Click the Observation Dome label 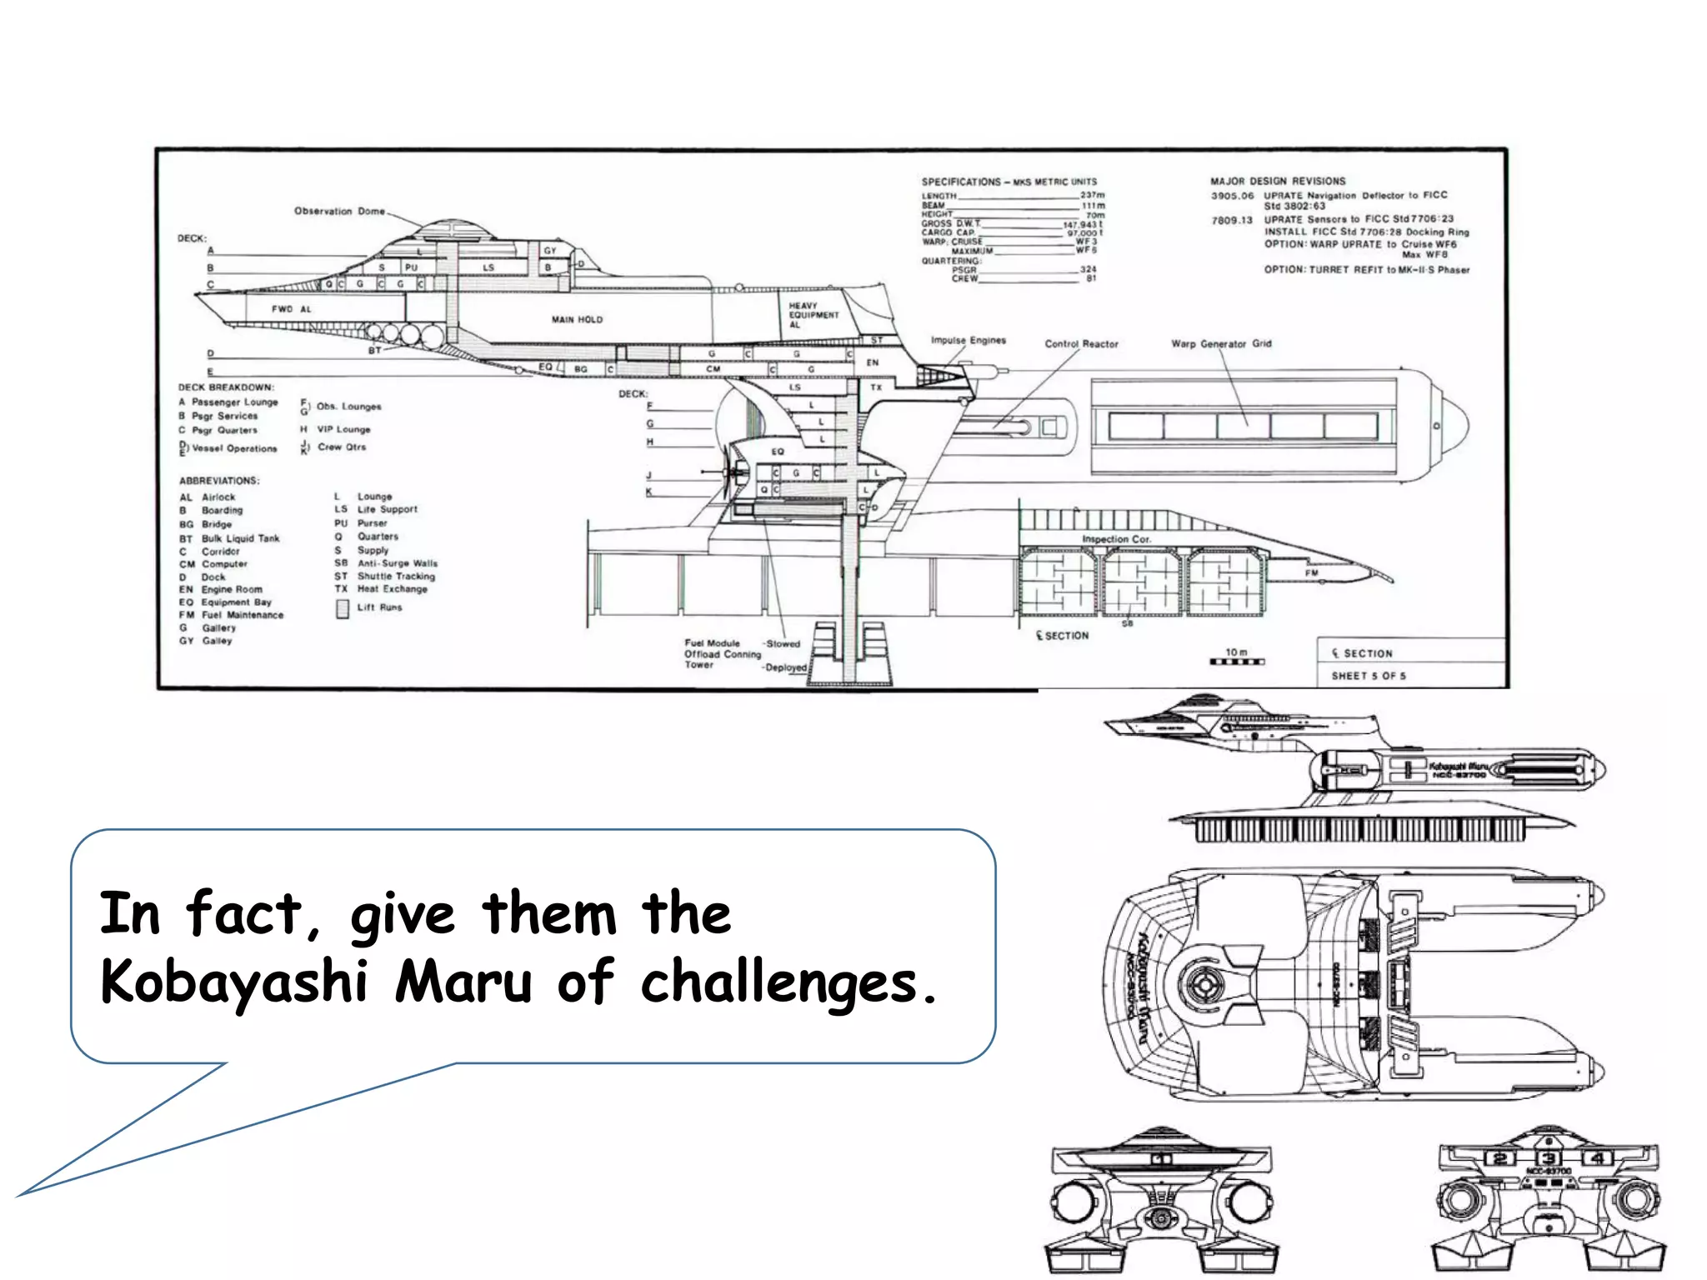tap(339, 211)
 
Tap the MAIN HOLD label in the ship tap(577, 319)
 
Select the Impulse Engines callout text tap(968, 340)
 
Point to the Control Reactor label tap(1081, 343)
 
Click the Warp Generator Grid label tap(1221, 343)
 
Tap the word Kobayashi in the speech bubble tap(233, 982)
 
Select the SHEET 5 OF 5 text tap(1368, 676)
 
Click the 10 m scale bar tap(1237, 662)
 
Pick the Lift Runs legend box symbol tap(343, 609)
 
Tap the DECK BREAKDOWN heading tap(226, 387)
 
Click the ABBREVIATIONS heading tap(219, 481)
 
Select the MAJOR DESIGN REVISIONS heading tap(1278, 181)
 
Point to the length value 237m tap(1092, 195)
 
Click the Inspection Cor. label tap(1116, 539)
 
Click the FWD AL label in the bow tap(291, 309)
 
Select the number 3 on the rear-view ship tap(1548, 1158)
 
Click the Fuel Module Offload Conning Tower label tap(722, 654)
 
